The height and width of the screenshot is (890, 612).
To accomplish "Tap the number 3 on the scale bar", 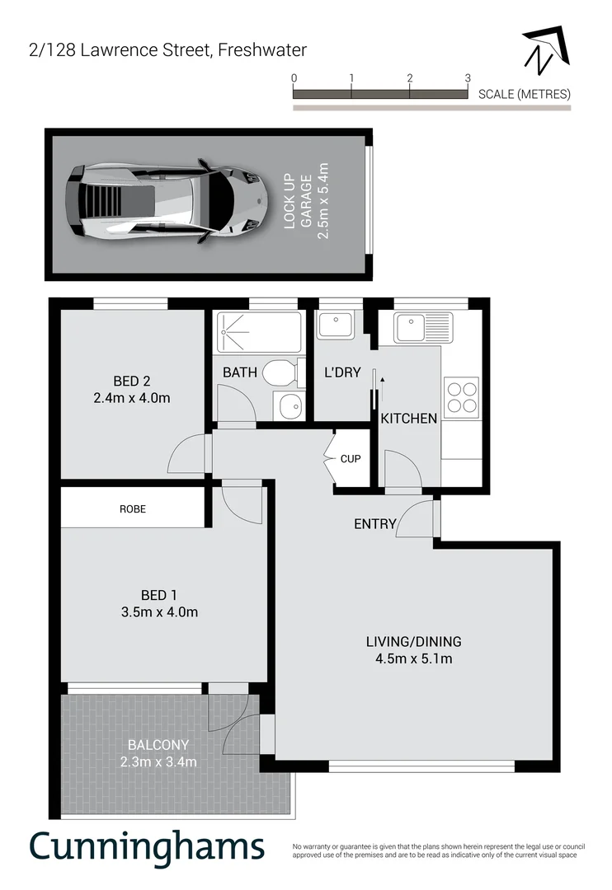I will point(468,77).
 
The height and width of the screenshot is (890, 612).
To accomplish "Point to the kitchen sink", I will point(422,327).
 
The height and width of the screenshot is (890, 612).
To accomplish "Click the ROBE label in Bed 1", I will point(132,509).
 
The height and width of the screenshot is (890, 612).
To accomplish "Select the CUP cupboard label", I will point(351,459).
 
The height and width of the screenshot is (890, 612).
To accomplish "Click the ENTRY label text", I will point(375,524).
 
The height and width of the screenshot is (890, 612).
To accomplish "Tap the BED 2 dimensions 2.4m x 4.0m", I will point(130,398).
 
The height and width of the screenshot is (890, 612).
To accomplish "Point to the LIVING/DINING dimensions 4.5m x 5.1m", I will point(413,658).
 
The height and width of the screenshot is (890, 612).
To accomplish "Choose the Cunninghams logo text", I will point(148,847).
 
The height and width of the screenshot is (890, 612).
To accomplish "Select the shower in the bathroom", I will point(259,331).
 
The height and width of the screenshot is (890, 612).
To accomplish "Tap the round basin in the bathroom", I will point(289,405).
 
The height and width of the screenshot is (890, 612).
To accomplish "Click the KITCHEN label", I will point(408,419).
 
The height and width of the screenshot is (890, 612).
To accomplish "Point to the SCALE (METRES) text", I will point(524,94).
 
